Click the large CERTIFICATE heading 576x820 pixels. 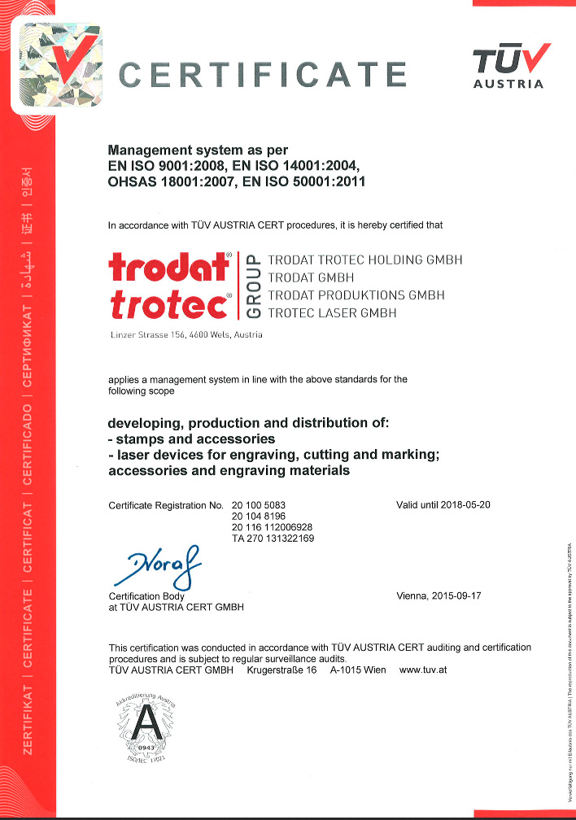[263, 75]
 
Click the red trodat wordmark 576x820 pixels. [168, 268]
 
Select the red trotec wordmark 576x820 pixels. [168, 307]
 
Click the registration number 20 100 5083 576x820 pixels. [259, 505]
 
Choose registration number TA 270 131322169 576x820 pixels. [273, 539]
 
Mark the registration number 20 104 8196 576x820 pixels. [259, 517]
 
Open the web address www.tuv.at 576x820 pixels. [424, 670]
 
